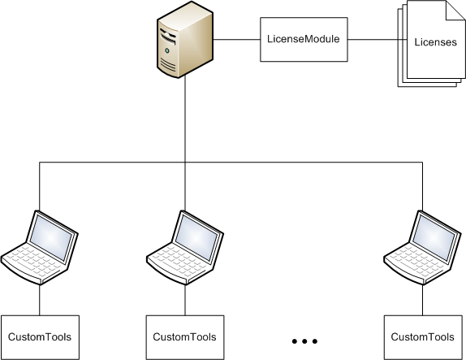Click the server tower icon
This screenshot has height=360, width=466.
(184, 41)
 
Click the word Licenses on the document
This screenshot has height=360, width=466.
(435, 43)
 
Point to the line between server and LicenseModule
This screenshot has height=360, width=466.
(237, 38)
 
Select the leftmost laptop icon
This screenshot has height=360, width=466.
(40, 247)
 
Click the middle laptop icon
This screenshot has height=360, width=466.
(185, 247)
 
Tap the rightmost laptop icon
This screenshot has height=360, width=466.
(422, 247)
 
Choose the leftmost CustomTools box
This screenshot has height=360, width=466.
(40, 336)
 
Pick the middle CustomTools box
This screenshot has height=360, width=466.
(185, 336)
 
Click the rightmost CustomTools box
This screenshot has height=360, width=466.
(422, 336)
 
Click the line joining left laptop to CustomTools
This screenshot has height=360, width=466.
(40, 301)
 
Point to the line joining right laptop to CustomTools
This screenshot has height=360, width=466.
(422, 301)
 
